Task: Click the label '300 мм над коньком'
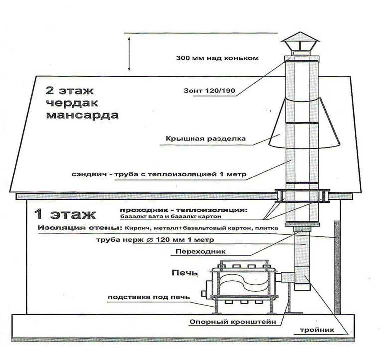pyautogui.click(x=217, y=58)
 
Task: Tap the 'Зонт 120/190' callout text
pyautogui.click(x=209, y=91)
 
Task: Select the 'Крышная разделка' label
pyautogui.click(x=205, y=139)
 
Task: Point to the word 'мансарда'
pyautogui.click(x=82, y=115)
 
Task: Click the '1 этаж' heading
pyautogui.click(x=65, y=214)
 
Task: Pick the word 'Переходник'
pyautogui.click(x=200, y=251)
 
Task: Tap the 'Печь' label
pyautogui.click(x=185, y=273)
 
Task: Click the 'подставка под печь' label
pyautogui.click(x=149, y=297)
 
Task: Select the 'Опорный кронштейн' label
pyautogui.click(x=233, y=322)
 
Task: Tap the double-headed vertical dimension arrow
pyautogui.click(x=129, y=54)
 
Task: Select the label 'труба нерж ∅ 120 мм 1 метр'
pyautogui.click(x=155, y=239)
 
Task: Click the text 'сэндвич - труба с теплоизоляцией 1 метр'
pyautogui.click(x=159, y=174)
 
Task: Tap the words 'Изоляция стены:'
pyautogui.click(x=80, y=228)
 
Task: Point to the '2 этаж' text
pyautogui.click(x=69, y=91)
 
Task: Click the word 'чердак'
pyautogui.click(x=72, y=103)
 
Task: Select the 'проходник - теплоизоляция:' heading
pyautogui.click(x=184, y=210)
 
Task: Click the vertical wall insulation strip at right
pyautogui.click(x=337, y=267)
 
